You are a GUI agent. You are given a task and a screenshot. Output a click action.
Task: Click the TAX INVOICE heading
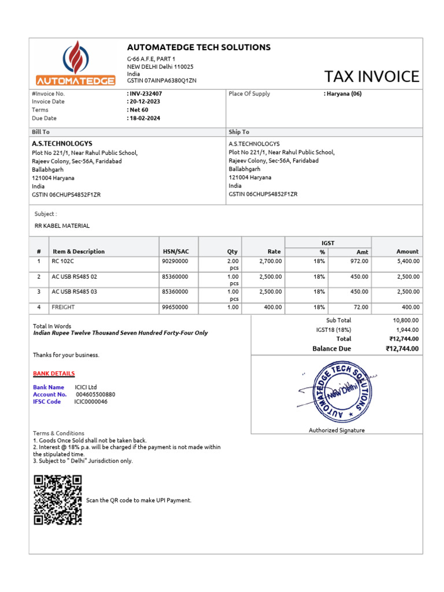371,76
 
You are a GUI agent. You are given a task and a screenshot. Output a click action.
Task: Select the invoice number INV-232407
145,94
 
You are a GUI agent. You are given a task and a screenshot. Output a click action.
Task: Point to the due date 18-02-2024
145,118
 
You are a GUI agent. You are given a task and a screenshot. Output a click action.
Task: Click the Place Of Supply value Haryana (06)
343,94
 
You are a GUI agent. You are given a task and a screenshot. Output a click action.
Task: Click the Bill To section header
40,132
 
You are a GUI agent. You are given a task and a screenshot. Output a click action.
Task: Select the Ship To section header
239,132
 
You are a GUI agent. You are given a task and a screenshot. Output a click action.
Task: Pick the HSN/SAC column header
175,251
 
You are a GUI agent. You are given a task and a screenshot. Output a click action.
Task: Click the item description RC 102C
61,261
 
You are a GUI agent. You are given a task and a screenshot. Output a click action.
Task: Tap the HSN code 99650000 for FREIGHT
175,307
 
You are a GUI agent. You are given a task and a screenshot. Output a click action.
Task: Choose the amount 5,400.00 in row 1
408,261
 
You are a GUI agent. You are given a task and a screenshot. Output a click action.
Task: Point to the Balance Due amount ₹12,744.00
402,349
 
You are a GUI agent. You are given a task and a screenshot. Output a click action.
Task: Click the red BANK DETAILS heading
54,373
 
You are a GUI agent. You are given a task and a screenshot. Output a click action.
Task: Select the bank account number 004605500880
95,394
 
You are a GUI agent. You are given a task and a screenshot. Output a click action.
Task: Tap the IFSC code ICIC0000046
91,401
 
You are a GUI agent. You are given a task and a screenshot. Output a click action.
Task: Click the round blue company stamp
336,392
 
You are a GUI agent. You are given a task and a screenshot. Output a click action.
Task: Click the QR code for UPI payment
58,499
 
